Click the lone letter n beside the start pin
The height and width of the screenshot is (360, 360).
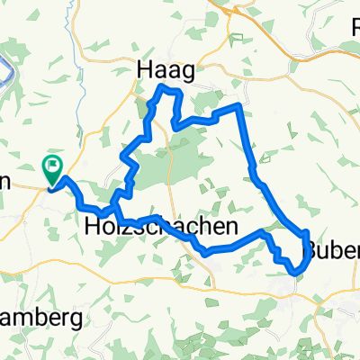4,179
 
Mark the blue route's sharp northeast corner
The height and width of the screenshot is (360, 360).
238,106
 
